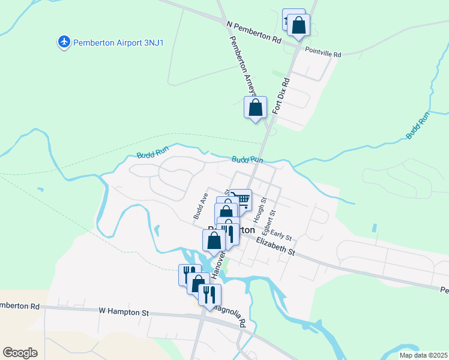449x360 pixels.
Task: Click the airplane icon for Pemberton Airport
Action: click(64, 42)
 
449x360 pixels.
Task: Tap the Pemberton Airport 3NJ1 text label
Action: click(109, 42)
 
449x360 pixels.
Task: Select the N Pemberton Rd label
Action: click(254, 32)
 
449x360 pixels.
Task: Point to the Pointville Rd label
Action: click(322, 53)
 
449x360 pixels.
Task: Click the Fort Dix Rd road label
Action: click(281, 95)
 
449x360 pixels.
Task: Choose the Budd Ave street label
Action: click(200, 206)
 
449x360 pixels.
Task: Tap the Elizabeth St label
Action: click(276, 247)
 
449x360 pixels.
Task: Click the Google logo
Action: click(20, 353)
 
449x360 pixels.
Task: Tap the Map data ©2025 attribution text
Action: click(424, 355)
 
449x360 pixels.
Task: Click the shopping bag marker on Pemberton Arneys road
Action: click(256, 109)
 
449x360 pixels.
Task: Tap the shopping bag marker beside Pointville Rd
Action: click(298, 26)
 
